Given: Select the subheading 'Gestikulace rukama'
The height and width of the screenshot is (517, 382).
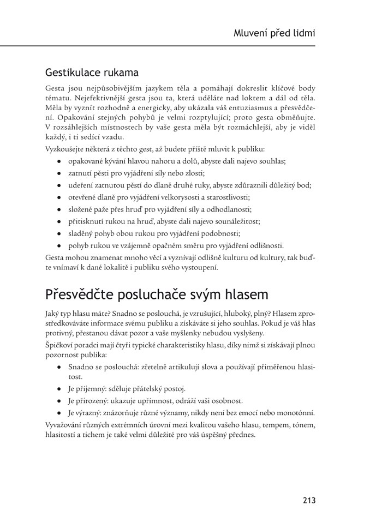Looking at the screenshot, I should click(x=92, y=72).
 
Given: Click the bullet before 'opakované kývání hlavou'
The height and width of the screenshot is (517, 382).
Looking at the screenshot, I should click(x=59, y=161).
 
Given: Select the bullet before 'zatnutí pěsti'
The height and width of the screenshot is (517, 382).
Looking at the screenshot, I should click(x=59, y=173).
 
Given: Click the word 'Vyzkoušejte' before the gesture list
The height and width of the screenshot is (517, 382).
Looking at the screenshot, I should click(x=66, y=148).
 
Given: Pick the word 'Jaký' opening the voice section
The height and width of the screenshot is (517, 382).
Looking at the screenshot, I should click(x=53, y=315).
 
